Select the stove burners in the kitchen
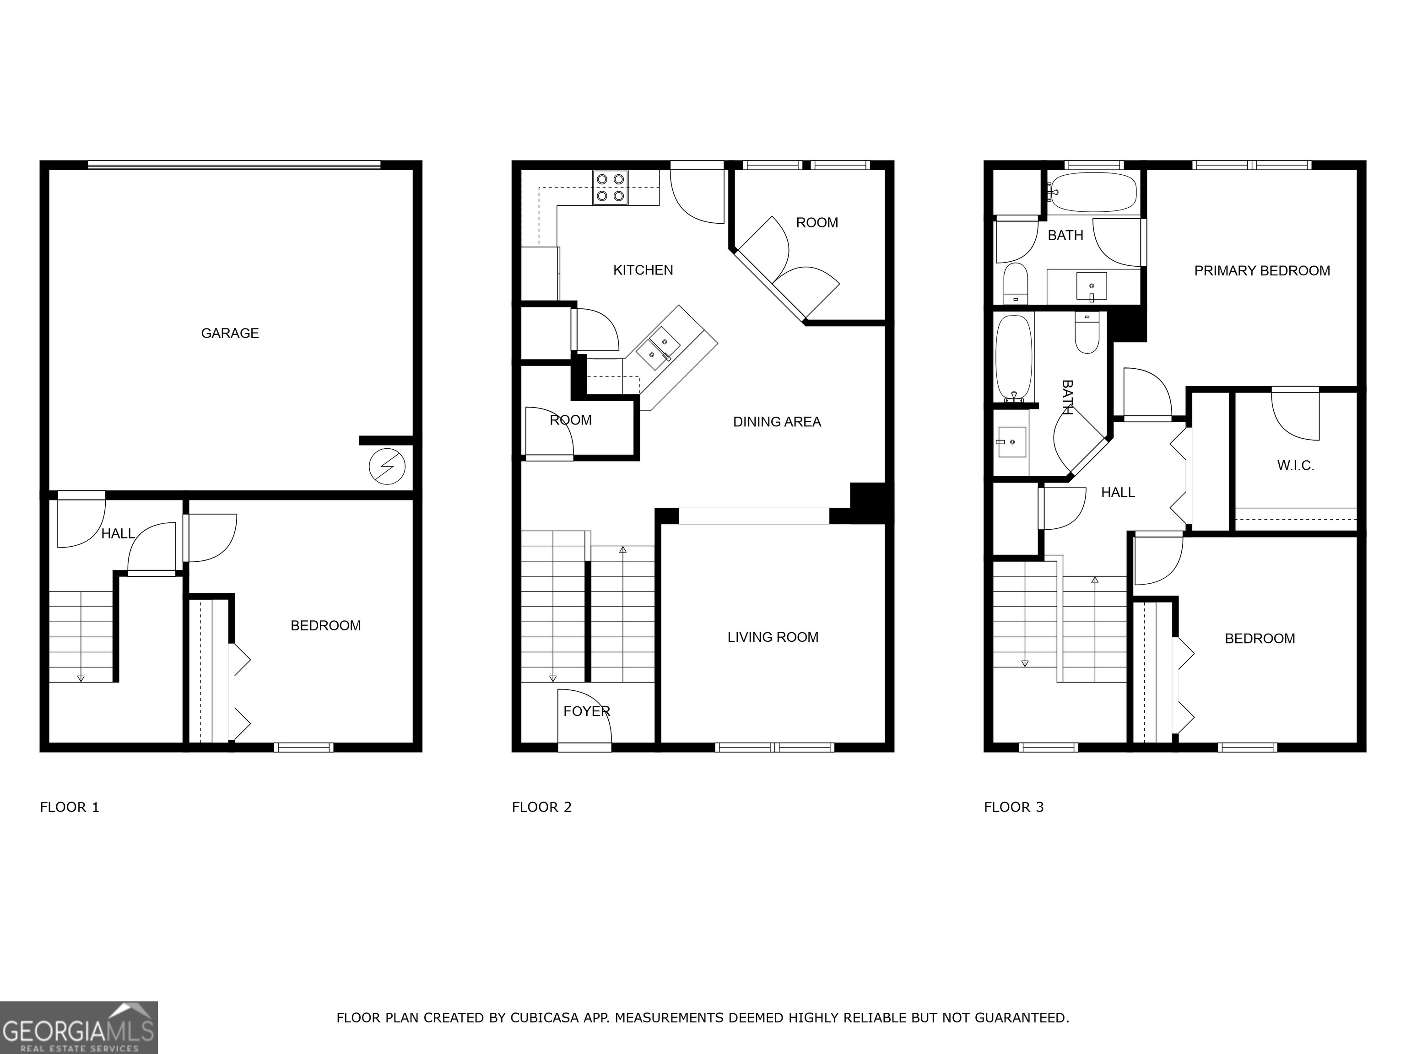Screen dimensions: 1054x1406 pos(610,188)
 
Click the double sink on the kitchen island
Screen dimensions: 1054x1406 pos(659,348)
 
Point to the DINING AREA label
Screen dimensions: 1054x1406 pos(777,422)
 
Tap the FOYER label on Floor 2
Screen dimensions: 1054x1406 pos(586,711)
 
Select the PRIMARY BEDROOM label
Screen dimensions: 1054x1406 pos(1262,271)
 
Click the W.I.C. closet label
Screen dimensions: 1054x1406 pos(1295,466)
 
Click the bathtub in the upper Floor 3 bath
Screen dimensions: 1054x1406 pos(1094,192)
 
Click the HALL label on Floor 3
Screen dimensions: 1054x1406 pos(1117,492)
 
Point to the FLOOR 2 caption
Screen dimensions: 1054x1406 pos(541,807)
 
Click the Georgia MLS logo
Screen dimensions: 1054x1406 pos(78,1027)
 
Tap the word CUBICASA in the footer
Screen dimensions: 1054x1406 pos(545,1018)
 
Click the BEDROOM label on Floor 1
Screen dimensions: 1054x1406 pos(325,626)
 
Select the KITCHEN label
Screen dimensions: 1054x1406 pos(643,270)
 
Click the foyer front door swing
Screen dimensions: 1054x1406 pos(585,718)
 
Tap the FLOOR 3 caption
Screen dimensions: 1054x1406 pos(1014,807)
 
